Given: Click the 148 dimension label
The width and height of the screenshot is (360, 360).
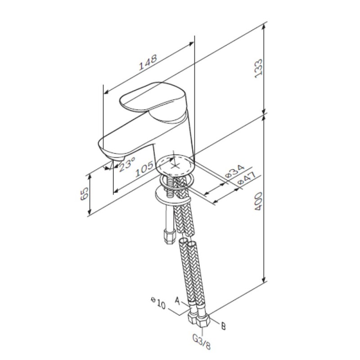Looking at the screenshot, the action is pyautogui.click(x=148, y=62).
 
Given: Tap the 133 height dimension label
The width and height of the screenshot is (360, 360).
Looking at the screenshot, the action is pyautogui.click(x=258, y=68).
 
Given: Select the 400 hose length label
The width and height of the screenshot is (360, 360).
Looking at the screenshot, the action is pyautogui.click(x=258, y=201).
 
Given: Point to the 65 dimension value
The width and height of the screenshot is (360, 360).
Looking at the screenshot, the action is pyautogui.click(x=85, y=193).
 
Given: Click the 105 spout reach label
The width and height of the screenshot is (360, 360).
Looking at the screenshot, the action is pyautogui.click(x=144, y=169).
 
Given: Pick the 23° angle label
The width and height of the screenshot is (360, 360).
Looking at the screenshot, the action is pyautogui.click(x=127, y=164).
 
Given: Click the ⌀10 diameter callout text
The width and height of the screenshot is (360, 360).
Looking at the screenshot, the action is pyautogui.click(x=158, y=303).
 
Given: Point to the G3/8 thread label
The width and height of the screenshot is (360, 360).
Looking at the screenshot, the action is pyautogui.click(x=202, y=343).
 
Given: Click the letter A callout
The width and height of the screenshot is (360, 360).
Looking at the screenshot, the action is pyautogui.click(x=177, y=300).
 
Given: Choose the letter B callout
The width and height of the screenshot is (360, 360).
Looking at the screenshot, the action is pyautogui.click(x=223, y=326).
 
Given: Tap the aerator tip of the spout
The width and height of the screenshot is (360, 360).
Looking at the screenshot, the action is pyautogui.click(x=117, y=158).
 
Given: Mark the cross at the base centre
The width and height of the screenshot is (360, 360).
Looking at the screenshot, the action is pyautogui.click(x=175, y=164).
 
